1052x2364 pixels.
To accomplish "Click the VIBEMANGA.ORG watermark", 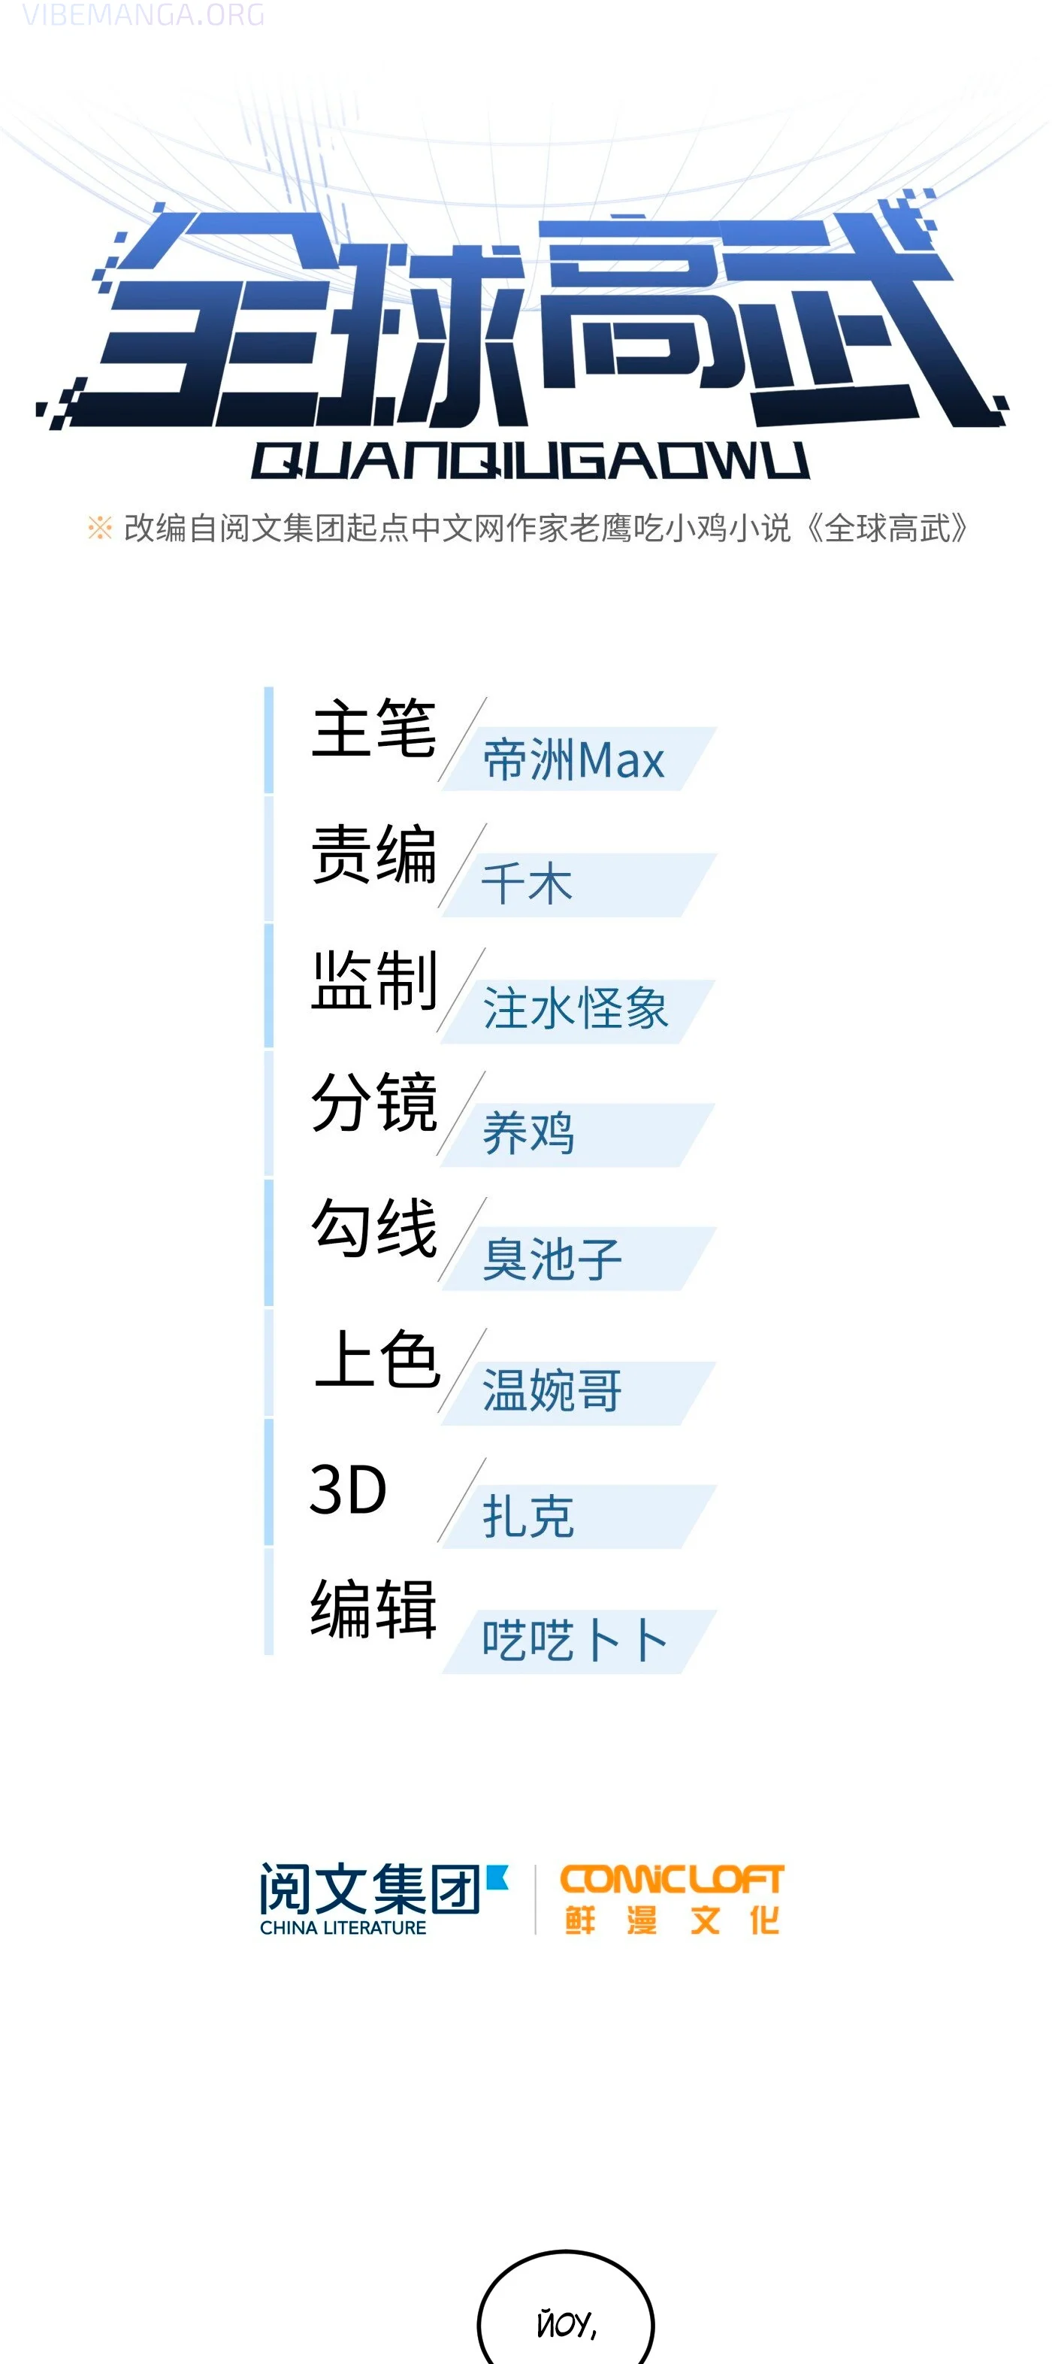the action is pyautogui.click(x=143, y=15).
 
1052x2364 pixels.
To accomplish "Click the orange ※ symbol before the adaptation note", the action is pyautogui.click(x=99, y=528).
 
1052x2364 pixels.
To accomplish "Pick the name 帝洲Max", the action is pyautogui.click(x=573, y=760).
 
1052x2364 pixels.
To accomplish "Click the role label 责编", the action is pyautogui.click(x=373, y=853).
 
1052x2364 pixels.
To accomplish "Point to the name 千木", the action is pyautogui.click(x=528, y=883).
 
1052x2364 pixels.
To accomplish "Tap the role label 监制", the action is pyautogui.click(x=373, y=980).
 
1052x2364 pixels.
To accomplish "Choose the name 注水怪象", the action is pyautogui.click(x=575, y=1008).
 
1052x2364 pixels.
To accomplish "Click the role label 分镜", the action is pyautogui.click(x=373, y=1102).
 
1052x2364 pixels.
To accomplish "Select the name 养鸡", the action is pyautogui.click(x=528, y=1132).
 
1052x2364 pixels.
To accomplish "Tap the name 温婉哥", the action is pyautogui.click(x=552, y=1390).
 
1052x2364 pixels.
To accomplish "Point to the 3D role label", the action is pyautogui.click(x=349, y=1489).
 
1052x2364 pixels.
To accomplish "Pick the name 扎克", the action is pyautogui.click(x=528, y=1515).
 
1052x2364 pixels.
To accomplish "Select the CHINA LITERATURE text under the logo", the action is pyautogui.click(x=343, y=1927).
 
